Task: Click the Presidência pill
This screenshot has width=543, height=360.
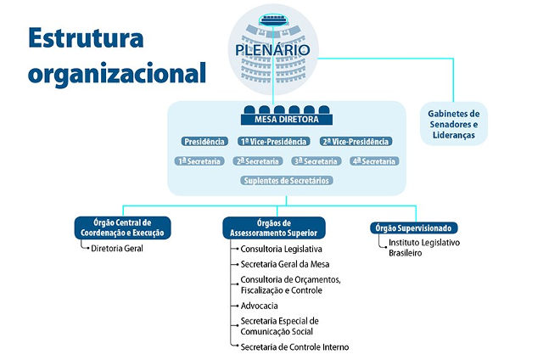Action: coord(204,141)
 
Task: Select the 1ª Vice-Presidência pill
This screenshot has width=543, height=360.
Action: coord(273,141)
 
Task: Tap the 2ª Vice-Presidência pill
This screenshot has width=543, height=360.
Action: coord(355,141)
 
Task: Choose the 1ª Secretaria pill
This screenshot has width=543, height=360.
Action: coord(199,161)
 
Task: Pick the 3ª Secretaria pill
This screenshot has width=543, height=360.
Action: coord(316,161)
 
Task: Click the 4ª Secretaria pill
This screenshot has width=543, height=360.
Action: coord(374,161)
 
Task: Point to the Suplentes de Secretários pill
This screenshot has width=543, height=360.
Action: coord(287,181)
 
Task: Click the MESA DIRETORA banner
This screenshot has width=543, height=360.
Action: coord(287,120)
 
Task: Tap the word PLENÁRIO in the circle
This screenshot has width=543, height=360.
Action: coord(272,50)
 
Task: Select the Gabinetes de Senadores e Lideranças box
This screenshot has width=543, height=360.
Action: coord(454,124)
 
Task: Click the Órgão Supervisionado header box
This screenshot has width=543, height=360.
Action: coord(414,228)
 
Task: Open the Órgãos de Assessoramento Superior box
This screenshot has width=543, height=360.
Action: coord(273,228)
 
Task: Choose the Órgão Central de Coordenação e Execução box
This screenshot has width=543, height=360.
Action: coord(122,228)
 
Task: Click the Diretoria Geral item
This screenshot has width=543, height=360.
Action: coord(117,248)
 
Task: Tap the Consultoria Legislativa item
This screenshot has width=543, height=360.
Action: coord(281,249)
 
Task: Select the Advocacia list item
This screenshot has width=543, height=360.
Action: coord(259,306)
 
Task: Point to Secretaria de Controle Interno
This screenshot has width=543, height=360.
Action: coord(294,346)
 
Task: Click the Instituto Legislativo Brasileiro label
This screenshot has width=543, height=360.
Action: coord(424,247)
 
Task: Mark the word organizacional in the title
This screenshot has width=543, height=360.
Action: coord(117,74)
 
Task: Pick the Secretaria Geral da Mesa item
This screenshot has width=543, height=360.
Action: coord(285,264)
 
